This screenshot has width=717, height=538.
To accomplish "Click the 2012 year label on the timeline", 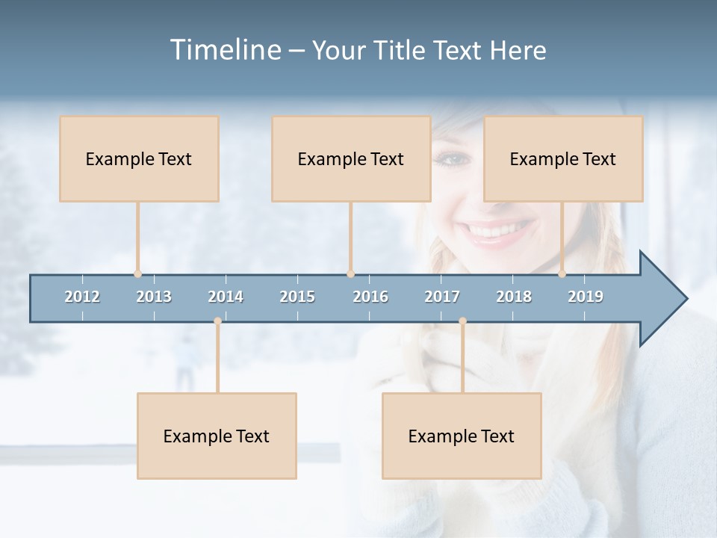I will coord(82,297).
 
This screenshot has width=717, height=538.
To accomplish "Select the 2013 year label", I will coord(154,297).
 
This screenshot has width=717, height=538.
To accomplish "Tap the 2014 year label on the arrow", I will coord(226,297).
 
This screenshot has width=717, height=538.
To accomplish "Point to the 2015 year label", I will coord(297,297).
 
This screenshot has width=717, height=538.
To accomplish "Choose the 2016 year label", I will coord(370,297).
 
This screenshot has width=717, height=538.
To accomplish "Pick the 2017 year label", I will coord(442,297).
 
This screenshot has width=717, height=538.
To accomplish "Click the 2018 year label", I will coord(514,297).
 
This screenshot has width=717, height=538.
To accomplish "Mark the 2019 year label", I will coord(586,297).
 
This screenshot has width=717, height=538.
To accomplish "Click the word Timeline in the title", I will coord(225,50).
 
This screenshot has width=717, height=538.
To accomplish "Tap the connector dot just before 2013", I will coord(137,274).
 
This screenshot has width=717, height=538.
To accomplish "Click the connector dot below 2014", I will coord(217,321).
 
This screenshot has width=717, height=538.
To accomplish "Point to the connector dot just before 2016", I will coord(350,274).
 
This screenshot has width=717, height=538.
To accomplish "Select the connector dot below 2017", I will coord(462,321).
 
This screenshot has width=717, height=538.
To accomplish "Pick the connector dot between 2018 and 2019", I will coord(562,274).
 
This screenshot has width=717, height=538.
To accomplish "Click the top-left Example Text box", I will coord(139,158).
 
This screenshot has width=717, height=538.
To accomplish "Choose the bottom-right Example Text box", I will coord(462,436).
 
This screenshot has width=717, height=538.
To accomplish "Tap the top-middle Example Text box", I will coord(351,158).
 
